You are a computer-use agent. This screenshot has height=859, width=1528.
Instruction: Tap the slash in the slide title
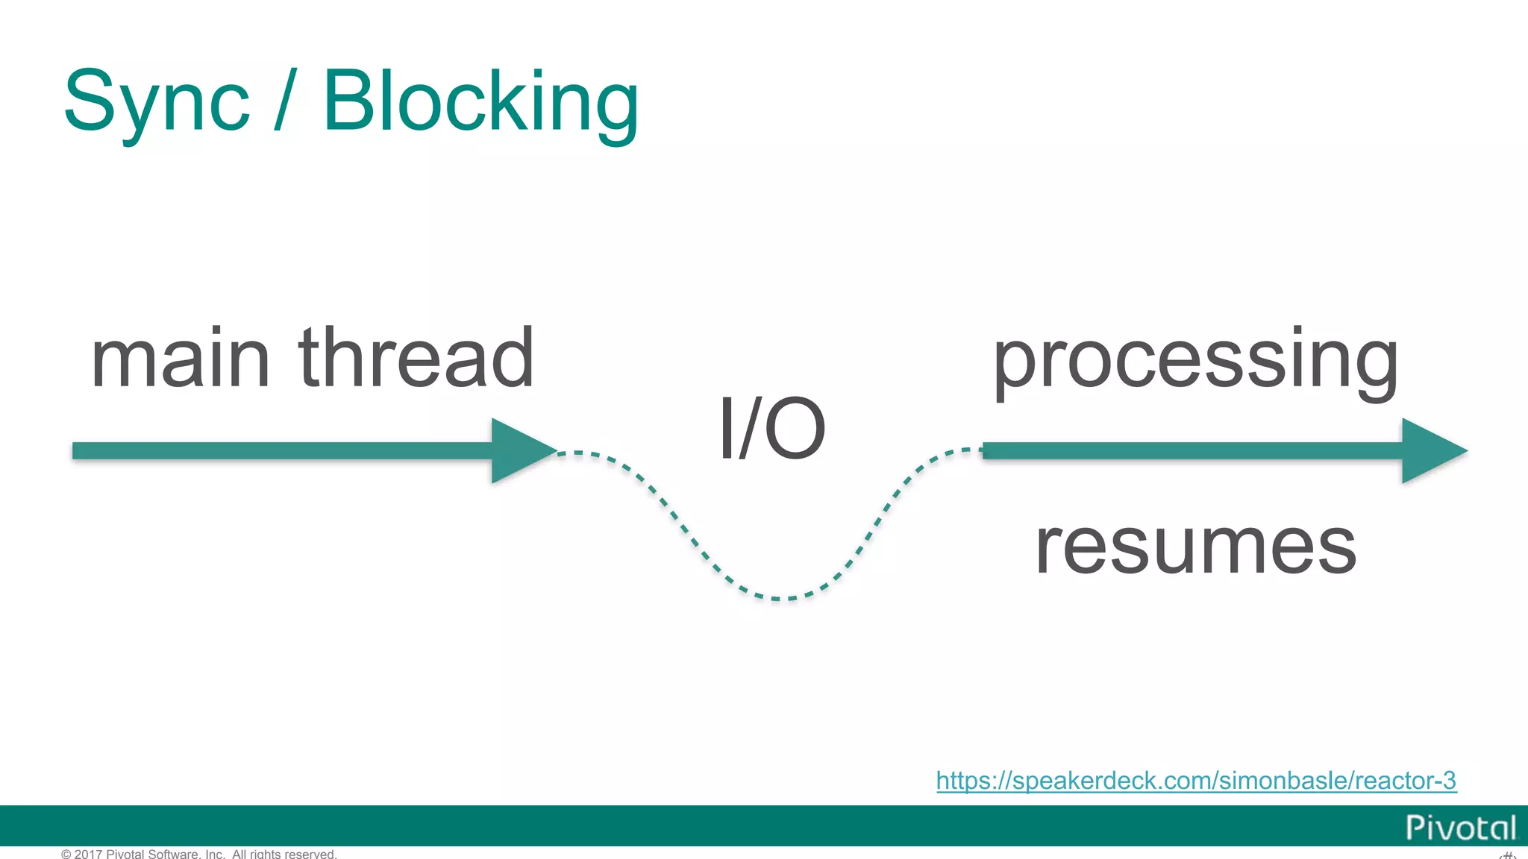[286, 100]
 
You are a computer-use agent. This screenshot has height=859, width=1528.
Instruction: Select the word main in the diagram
[179, 360]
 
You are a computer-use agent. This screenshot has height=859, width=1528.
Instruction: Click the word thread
[416, 359]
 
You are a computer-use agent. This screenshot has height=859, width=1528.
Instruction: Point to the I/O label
[771, 429]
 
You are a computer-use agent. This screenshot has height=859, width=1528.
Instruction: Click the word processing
[1195, 362]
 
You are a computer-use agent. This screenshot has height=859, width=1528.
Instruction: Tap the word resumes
[1195, 548]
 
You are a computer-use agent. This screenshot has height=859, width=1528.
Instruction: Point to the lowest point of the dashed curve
[776, 598]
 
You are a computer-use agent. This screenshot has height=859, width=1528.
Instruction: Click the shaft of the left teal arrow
[284, 450]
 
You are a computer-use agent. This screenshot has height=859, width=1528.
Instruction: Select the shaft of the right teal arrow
[1194, 450]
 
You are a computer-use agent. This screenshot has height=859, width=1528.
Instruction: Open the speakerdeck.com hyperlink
[1196, 781]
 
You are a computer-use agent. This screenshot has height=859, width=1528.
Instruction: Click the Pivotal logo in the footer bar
[1460, 828]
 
